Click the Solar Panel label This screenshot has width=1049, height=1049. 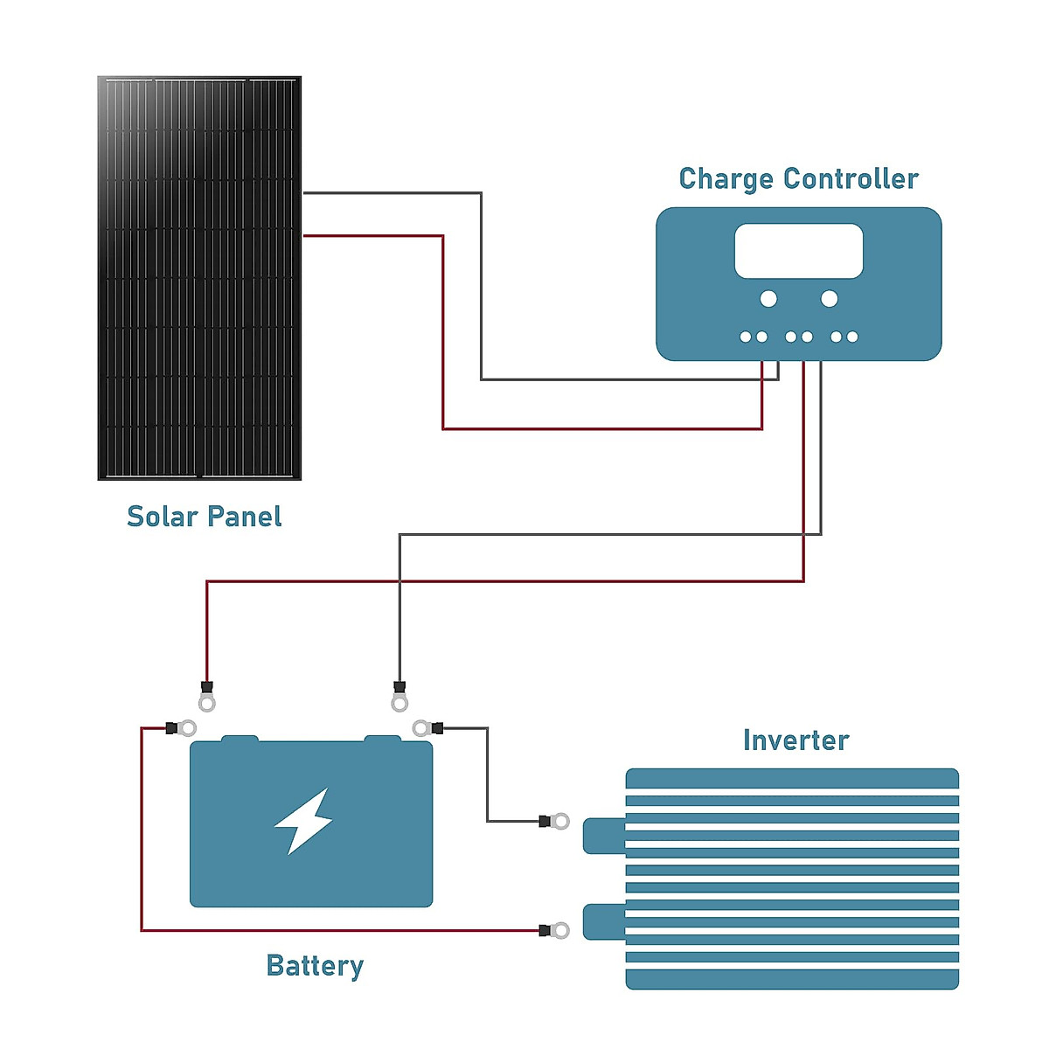tap(204, 517)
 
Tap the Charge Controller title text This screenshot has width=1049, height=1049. tap(798, 179)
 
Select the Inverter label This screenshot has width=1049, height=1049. tap(795, 740)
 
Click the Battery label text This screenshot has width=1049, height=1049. tap(315, 966)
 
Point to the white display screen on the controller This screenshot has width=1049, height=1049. tap(798, 251)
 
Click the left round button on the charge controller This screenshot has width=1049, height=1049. tap(768, 299)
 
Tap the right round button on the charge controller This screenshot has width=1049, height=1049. tap(829, 299)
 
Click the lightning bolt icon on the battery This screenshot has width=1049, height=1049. tap(303, 821)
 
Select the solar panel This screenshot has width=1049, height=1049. tap(199, 278)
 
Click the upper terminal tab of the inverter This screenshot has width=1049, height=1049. tap(604, 836)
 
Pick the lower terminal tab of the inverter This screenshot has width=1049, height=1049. tap(604, 922)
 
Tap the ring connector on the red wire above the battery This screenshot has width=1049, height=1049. tap(207, 702)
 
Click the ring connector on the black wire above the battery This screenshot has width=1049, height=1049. tap(399, 702)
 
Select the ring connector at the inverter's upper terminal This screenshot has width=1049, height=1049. tap(560, 822)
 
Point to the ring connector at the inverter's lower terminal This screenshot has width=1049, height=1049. tap(560, 930)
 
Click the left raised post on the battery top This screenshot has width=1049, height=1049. tap(240, 740)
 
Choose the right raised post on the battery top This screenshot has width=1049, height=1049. tap(382, 740)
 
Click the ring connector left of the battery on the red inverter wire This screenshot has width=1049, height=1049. tap(187, 728)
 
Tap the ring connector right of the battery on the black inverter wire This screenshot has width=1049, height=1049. tap(421, 728)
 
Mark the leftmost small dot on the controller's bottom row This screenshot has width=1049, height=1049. tap(746, 337)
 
